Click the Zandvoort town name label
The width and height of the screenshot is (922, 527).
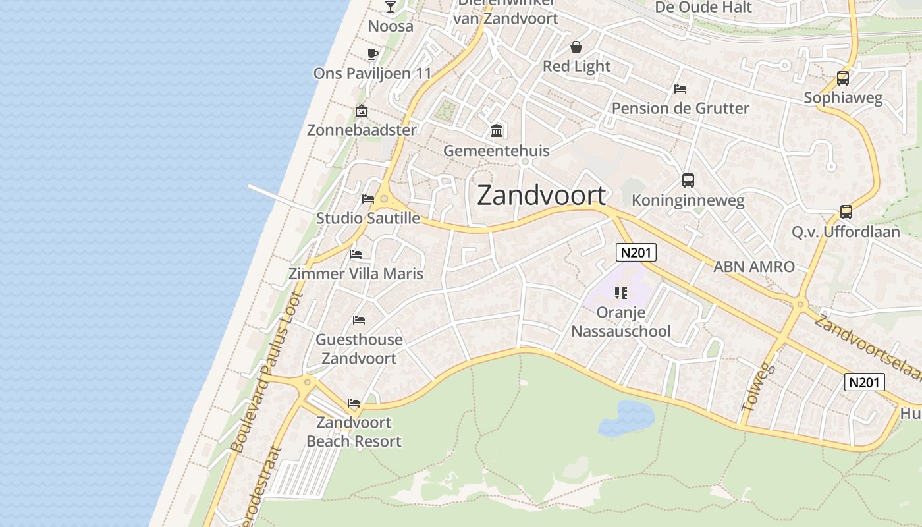coord(541,196)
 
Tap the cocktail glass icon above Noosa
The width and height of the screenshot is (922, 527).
coord(391,7)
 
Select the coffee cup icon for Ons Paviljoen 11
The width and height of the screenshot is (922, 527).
coord(372,55)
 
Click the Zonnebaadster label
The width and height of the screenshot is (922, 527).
coord(362,130)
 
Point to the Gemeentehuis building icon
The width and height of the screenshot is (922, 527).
coord(497,131)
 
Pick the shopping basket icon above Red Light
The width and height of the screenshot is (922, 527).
coord(576,47)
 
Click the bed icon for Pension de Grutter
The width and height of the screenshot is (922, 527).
coord(680,89)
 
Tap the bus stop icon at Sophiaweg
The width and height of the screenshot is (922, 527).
coord(842,78)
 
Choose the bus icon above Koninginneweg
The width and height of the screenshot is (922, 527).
coord(688,180)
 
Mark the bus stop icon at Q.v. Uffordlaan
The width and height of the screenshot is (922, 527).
coord(846,212)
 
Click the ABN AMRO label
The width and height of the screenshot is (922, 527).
coord(753,267)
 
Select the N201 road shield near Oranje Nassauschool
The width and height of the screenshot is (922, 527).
coord(636,252)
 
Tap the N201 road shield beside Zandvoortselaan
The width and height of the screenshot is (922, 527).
coord(864,382)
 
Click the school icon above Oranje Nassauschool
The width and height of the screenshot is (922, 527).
coord(620,292)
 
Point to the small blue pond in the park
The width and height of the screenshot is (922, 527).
coord(626,418)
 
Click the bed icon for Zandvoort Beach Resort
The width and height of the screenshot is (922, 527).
coord(354,403)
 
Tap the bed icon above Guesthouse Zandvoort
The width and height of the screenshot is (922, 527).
coord(359,320)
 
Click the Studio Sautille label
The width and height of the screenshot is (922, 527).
coord(367,218)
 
